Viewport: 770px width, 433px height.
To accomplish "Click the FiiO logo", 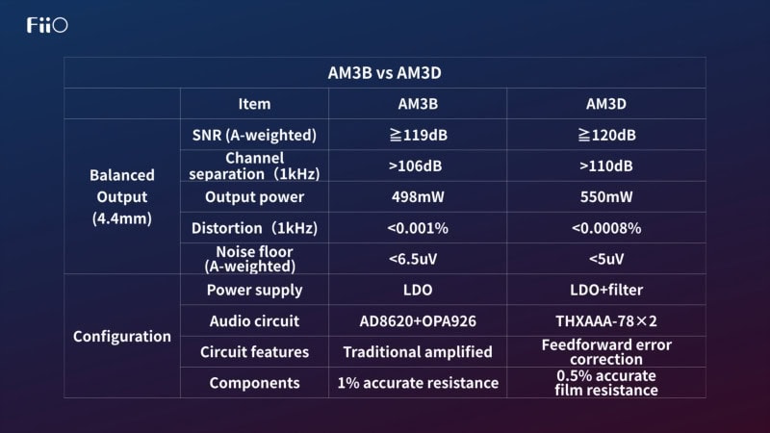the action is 47,25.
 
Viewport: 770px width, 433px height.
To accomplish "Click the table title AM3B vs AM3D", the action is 384,73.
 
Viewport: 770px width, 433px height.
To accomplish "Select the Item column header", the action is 254,104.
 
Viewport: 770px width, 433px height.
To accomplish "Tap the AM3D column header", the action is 606,104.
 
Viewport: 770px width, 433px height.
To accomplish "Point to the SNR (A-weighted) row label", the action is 254,135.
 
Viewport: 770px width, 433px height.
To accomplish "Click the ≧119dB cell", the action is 418,135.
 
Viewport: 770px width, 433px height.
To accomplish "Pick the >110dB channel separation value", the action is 606,166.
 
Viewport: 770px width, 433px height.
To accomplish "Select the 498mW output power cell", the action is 418,197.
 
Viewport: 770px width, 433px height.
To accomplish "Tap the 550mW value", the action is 606,197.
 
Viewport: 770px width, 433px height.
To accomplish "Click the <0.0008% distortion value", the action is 606,228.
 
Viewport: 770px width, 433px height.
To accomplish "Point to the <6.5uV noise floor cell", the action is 413,259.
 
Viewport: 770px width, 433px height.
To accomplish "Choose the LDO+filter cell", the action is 606,291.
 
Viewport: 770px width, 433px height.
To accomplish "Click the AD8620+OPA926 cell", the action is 418,321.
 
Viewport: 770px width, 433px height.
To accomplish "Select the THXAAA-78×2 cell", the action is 606,321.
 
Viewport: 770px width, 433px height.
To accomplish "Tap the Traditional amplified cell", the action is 418,352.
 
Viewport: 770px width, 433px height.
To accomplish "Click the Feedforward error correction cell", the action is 606,352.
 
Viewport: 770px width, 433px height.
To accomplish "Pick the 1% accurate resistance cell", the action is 418,383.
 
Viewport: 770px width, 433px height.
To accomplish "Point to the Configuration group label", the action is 122,337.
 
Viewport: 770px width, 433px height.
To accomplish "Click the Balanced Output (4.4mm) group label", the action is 122,197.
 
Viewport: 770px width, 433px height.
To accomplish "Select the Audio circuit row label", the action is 254,321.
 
